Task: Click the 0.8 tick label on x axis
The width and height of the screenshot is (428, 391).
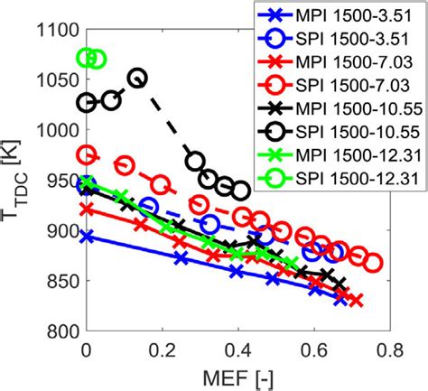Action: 390,349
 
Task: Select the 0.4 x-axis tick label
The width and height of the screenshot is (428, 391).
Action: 238,349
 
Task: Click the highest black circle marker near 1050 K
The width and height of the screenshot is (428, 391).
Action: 137,79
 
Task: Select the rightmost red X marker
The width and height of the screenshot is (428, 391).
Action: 356,300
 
